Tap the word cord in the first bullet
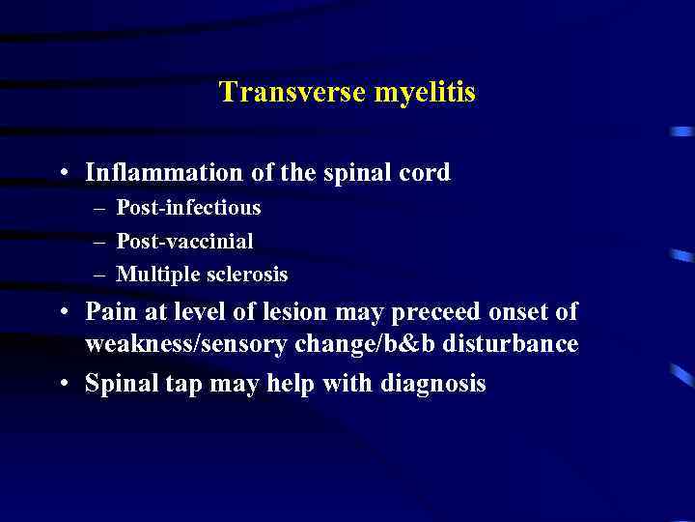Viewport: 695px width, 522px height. click(x=426, y=173)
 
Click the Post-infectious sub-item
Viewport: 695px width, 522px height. click(x=188, y=208)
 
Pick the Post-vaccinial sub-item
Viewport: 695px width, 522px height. click(x=184, y=241)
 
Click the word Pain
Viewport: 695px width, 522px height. click(x=108, y=312)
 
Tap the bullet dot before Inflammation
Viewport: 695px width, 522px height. click(x=62, y=174)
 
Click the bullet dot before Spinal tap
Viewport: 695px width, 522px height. click(x=62, y=385)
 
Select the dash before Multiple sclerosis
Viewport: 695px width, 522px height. click(x=99, y=275)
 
